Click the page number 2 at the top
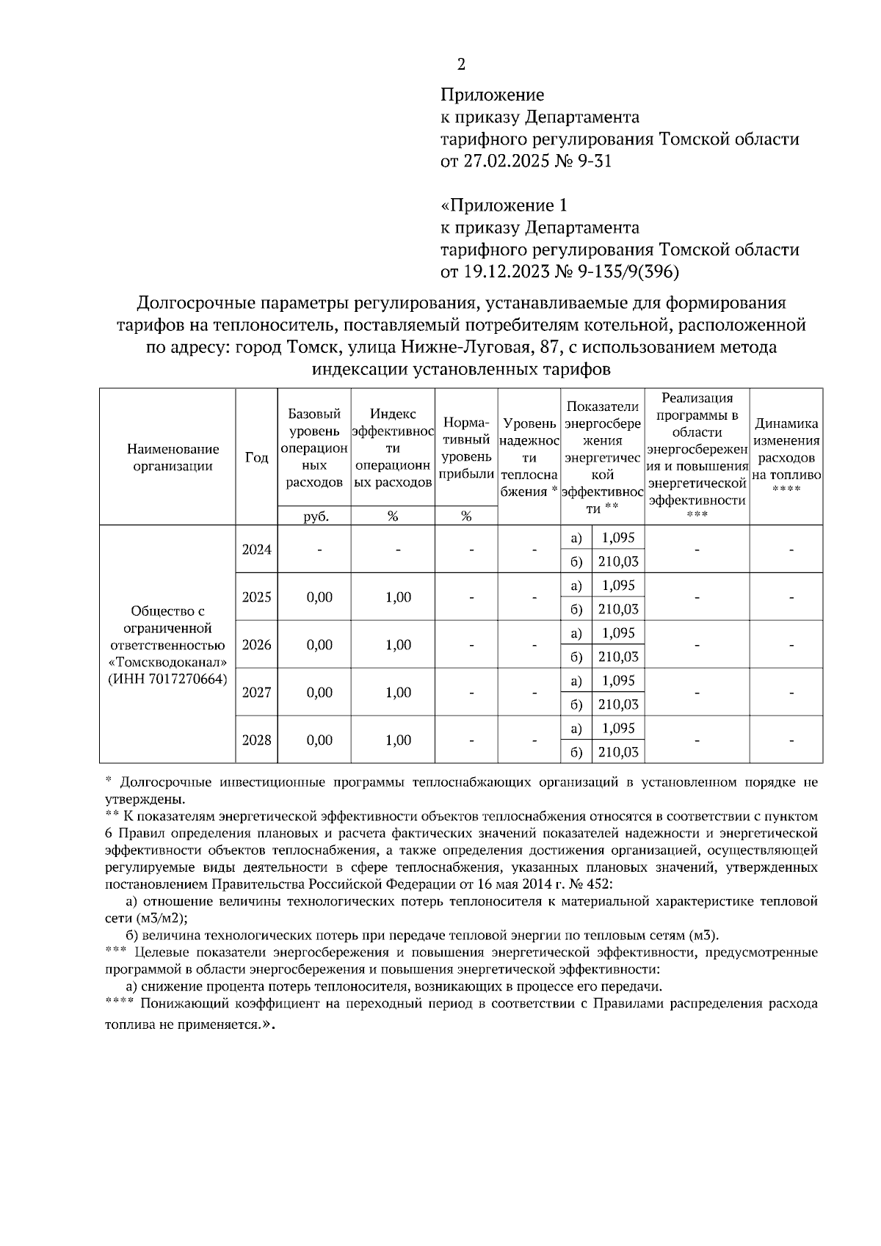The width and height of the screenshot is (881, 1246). pyautogui.click(x=461, y=65)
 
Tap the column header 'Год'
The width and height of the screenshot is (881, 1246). pyautogui.click(x=256, y=457)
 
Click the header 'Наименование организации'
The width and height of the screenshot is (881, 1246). pyautogui.click(x=173, y=457)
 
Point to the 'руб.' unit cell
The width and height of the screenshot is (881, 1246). pyautogui.click(x=314, y=516)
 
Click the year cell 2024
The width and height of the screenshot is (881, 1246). pyautogui.click(x=256, y=549)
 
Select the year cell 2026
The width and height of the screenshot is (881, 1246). pyautogui.click(x=256, y=644)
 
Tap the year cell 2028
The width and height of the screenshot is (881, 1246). pyautogui.click(x=256, y=740)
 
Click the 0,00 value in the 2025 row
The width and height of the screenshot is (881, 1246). pyautogui.click(x=319, y=597)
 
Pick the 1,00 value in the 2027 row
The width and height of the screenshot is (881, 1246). pyautogui.click(x=398, y=692)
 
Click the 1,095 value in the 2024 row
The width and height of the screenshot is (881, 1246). pyautogui.click(x=617, y=537)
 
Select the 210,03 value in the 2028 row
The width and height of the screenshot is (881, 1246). pyautogui.click(x=617, y=752)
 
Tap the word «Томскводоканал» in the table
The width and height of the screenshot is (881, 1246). pyautogui.click(x=168, y=662)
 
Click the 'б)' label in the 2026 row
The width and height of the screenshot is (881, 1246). pyautogui.click(x=576, y=657)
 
